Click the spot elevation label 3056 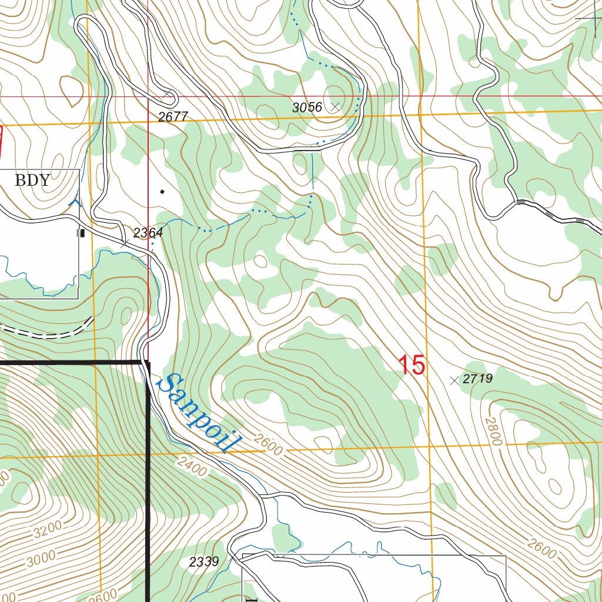(307, 108)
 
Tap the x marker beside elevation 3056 (335, 107)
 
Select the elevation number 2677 (173, 117)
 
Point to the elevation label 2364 (148, 233)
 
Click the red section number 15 (412, 365)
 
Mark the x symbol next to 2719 (454, 380)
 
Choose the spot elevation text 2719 (477, 379)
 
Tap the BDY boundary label (32, 180)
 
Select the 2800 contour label (494, 431)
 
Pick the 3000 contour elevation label (41, 558)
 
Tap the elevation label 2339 (205, 562)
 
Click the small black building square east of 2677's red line (163, 191)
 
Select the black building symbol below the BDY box (82, 233)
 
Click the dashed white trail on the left (53, 333)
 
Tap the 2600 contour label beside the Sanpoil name (269, 445)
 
